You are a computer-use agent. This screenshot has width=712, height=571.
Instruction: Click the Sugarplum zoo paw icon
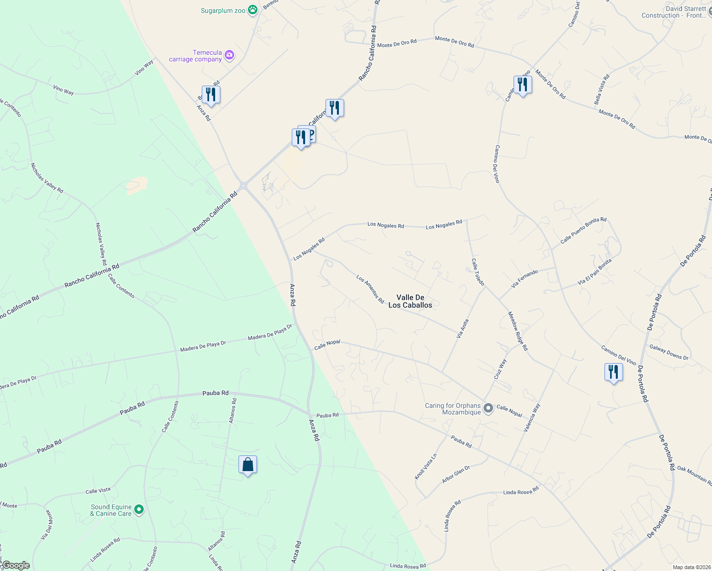pos(253,10)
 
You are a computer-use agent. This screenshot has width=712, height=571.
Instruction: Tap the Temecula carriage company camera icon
pos(229,56)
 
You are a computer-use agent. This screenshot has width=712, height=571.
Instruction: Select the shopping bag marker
pos(247,465)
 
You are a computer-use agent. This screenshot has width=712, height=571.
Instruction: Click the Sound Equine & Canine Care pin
pos(139,510)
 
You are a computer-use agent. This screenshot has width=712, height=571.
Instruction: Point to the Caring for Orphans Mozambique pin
pos(488,408)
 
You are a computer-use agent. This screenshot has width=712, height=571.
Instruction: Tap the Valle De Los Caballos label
pos(410,301)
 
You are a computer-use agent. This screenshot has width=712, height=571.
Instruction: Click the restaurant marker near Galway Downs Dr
pos(613,372)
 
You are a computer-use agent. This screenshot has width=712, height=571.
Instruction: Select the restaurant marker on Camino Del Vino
pos(523,85)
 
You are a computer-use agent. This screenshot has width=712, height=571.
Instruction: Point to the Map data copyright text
pos(692,567)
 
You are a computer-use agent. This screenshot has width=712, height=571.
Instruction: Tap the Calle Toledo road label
pos(478,272)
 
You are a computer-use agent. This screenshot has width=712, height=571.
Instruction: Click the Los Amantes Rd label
pos(370,289)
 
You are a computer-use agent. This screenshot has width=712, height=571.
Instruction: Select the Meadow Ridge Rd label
pos(518,331)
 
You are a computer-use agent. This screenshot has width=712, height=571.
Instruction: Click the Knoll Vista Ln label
pos(425,466)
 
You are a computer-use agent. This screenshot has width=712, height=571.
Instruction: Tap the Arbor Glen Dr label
pos(456,474)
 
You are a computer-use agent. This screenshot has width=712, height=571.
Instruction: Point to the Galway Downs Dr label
pos(669,352)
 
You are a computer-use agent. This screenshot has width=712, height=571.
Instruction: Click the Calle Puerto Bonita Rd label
pos(583,230)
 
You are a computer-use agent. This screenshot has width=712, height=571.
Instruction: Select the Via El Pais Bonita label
pos(594,272)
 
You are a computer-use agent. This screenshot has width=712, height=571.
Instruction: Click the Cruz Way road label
pos(500,369)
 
